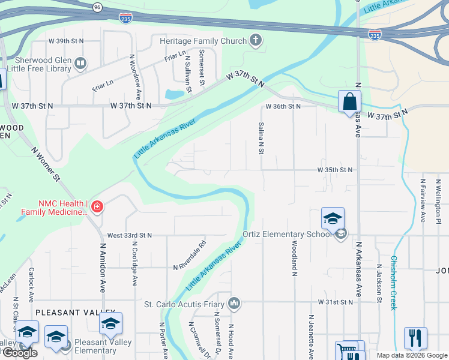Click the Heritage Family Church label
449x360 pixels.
[203, 41]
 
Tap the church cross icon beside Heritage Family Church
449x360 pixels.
[256, 41]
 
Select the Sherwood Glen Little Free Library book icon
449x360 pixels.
[80, 62]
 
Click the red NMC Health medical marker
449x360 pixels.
[97, 208]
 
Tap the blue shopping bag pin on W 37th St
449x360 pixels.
[349, 102]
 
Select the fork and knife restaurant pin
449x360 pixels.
[415, 338]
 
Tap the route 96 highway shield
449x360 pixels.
[97, 7]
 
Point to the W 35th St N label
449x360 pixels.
[336, 170]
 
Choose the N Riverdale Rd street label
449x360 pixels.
[190, 255]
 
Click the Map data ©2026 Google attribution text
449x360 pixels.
[412, 355]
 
